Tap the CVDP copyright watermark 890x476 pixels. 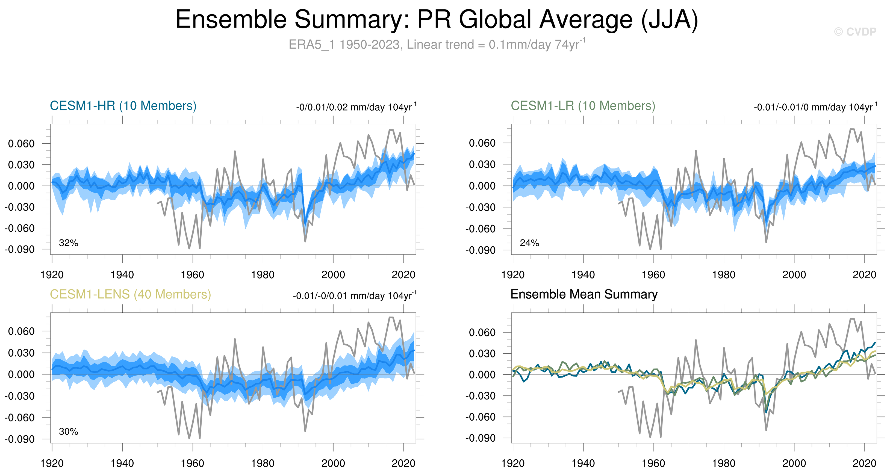coord(855,32)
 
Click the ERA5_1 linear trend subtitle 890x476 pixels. coord(437,45)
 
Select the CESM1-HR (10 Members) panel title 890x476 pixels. coord(123,106)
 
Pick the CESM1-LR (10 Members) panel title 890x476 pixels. coord(583,106)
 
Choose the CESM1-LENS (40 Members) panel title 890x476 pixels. coord(130,294)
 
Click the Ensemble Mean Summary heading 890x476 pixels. coord(584,294)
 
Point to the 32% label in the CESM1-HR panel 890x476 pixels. coord(68,243)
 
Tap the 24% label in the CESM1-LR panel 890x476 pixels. coord(529,243)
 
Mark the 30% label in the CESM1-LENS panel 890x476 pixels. coord(68,431)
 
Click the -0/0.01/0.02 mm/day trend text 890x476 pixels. coord(356,107)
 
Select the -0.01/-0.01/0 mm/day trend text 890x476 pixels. coord(815,107)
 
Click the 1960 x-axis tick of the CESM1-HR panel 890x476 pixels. coord(192,275)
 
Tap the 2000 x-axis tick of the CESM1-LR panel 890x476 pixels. coord(794,275)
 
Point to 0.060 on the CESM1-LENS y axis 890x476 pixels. coord(21,331)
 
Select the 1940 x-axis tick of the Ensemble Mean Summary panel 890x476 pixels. coord(583,463)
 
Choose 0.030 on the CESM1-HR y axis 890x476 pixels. coord(21,165)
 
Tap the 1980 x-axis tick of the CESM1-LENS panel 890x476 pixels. coord(263,463)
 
